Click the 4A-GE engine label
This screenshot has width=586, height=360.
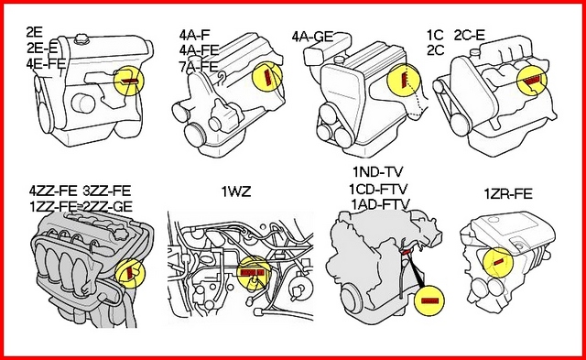tap(312, 37)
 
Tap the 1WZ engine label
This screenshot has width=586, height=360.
tap(236, 191)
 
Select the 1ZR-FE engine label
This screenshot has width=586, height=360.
tap(508, 194)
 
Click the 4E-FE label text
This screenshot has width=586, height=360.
tap(46, 63)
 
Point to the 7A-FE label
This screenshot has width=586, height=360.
tap(199, 66)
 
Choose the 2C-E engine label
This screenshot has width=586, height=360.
tap(470, 35)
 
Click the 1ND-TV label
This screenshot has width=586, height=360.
tap(378, 172)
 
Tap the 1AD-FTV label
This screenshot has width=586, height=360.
tap(381, 204)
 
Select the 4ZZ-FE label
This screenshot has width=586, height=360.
tap(53, 191)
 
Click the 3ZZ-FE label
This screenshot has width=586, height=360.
tap(107, 191)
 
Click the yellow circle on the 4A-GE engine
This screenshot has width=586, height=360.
tap(404, 79)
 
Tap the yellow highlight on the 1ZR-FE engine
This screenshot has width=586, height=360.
tap(498, 263)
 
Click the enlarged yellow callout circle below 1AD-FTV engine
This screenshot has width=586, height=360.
tap(429, 300)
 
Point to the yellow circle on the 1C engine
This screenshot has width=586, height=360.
tap(531, 81)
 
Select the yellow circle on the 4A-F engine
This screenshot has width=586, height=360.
tap(267, 77)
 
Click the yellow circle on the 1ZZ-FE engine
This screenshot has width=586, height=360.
tap(130, 273)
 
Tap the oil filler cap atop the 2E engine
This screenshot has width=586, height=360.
tap(81, 39)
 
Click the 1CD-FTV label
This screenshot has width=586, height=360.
tap(378, 189)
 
